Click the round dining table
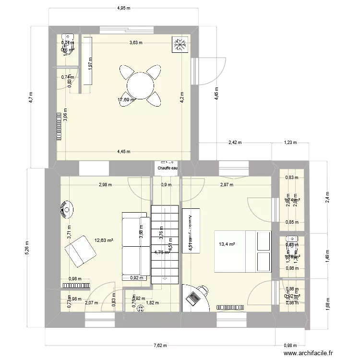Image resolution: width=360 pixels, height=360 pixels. [140, 85]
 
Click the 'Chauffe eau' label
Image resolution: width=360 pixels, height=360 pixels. [167, 168]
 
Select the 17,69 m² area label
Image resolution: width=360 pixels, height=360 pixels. [127, 100]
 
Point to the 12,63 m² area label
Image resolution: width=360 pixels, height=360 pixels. [104, 240]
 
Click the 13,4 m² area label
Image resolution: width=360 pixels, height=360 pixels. [227, 244]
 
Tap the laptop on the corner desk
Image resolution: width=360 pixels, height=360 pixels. [193, 298]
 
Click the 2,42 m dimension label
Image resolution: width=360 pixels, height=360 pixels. [235, 142]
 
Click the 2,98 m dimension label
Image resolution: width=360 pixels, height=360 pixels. [106, 184]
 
